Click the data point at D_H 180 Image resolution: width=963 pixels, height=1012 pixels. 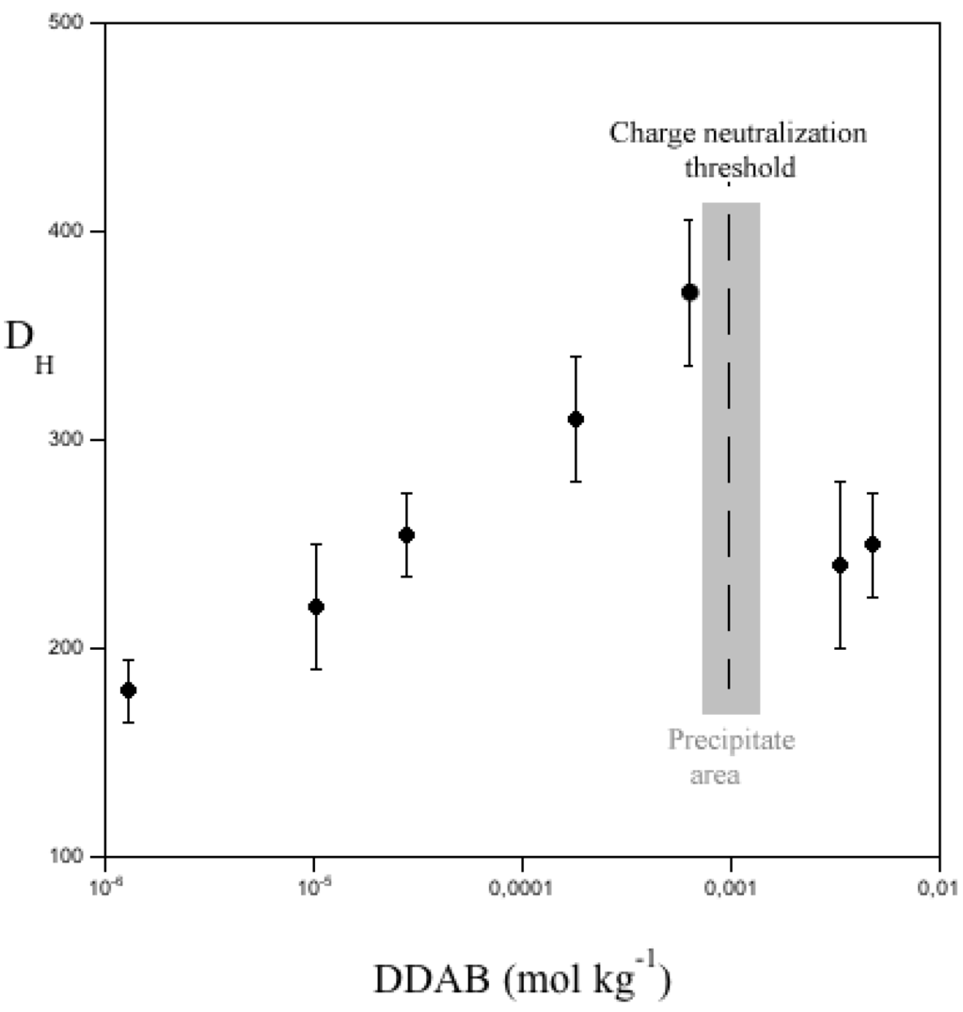(129, 689)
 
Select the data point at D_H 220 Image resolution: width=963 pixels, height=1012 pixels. (316, 607)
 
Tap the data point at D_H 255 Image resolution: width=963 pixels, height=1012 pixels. (406, 534)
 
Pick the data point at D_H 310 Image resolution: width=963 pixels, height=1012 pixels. (576, 419)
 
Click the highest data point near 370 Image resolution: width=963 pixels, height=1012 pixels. (689, 292)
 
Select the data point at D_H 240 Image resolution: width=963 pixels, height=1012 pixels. (840, 564)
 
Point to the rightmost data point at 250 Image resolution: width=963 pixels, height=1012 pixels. (872, 544)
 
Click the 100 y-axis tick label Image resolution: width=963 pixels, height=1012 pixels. (75, 857)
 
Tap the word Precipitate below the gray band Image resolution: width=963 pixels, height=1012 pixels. (731, 740)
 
